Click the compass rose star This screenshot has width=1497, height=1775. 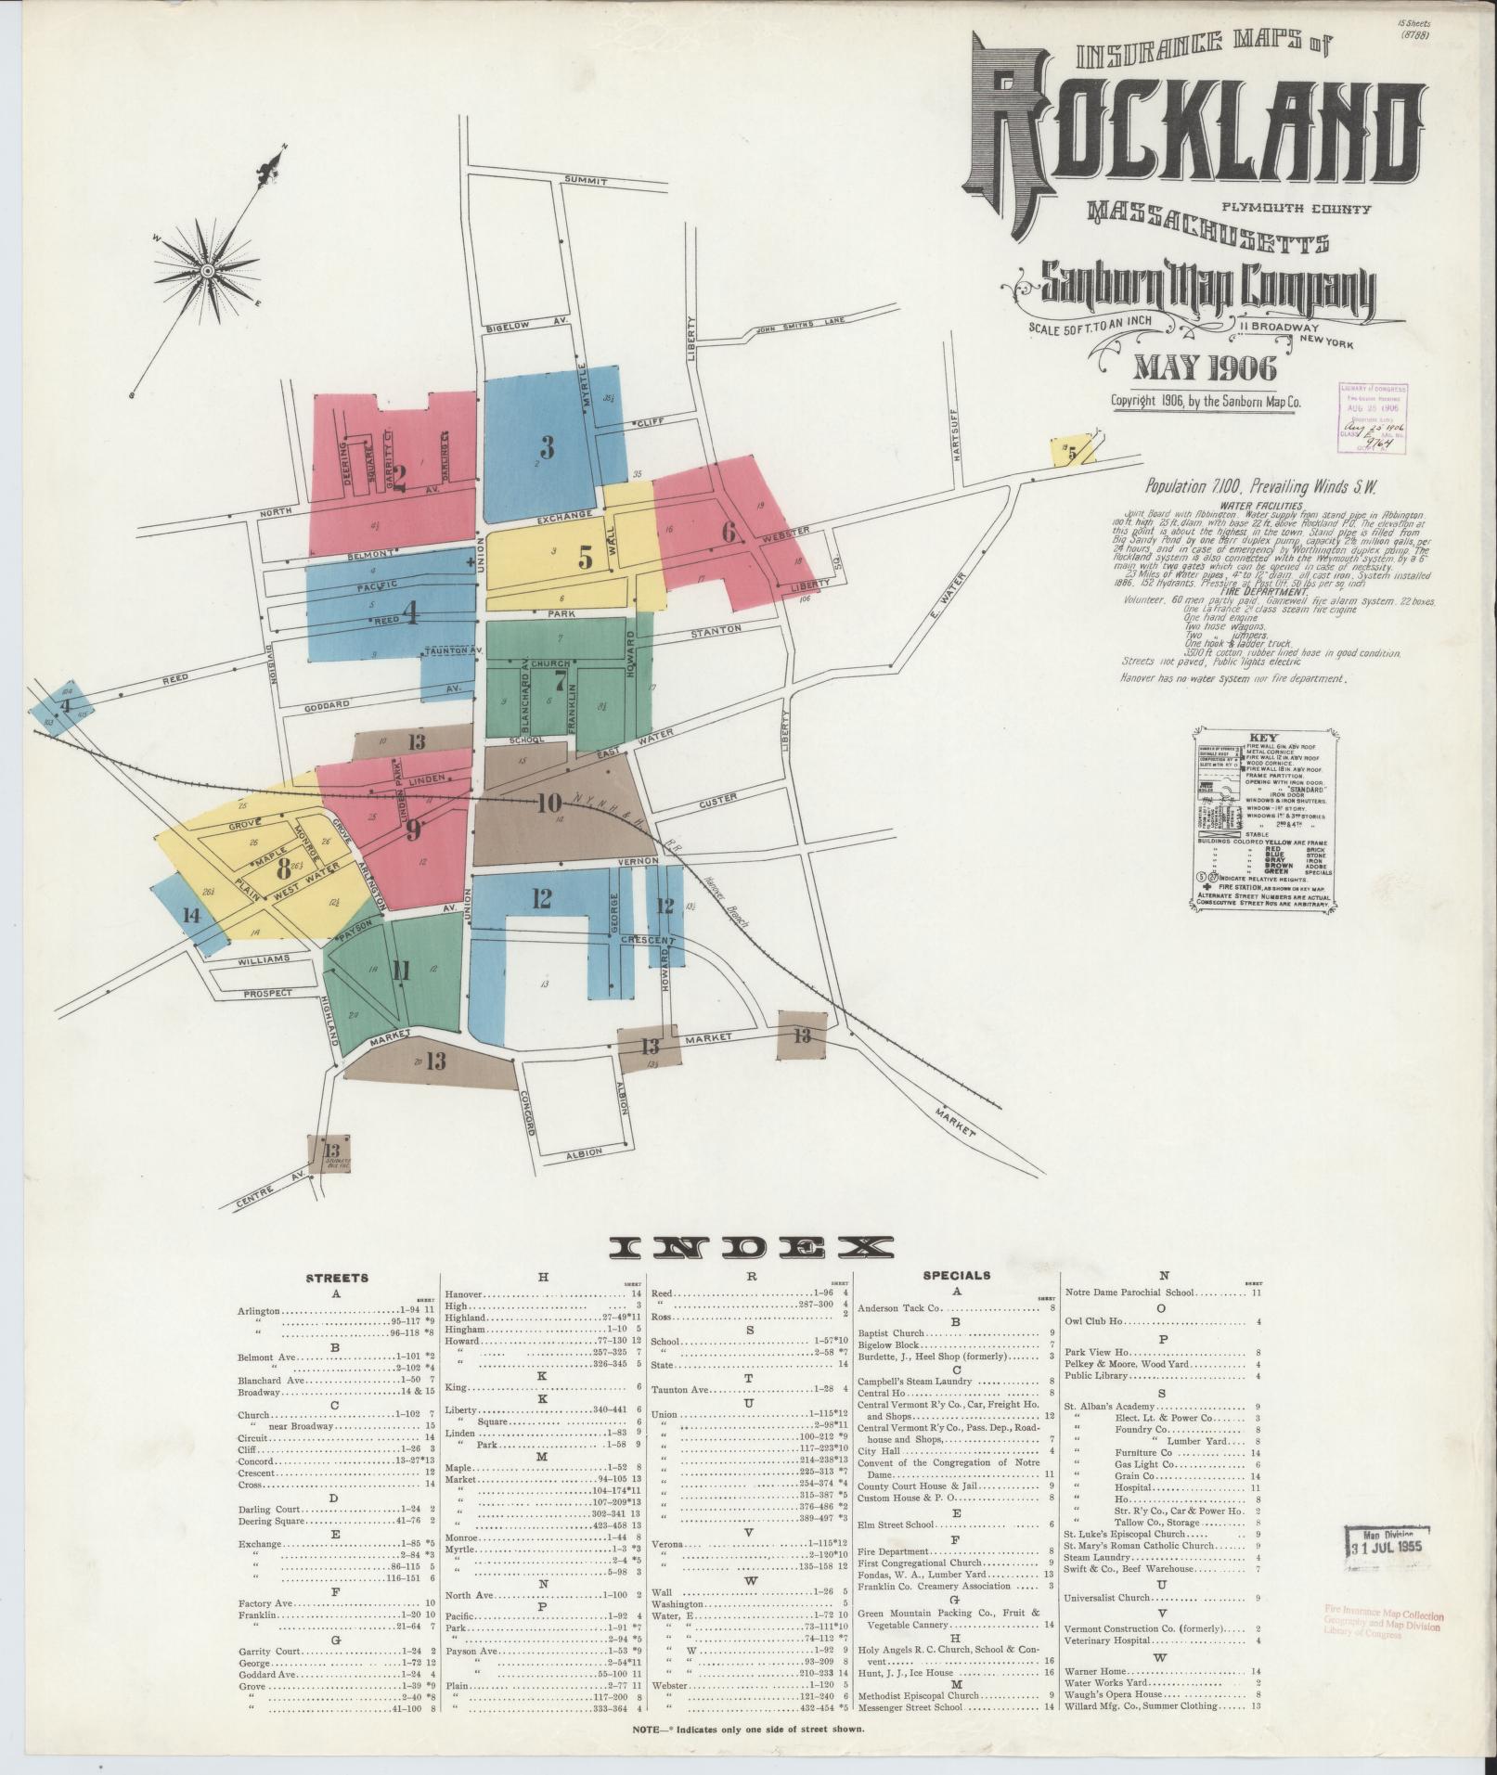point(207,270)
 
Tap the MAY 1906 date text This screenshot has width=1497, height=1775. point(1205,368)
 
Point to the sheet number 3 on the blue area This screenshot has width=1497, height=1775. point(547,448)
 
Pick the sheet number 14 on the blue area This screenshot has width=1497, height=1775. point(191,915)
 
